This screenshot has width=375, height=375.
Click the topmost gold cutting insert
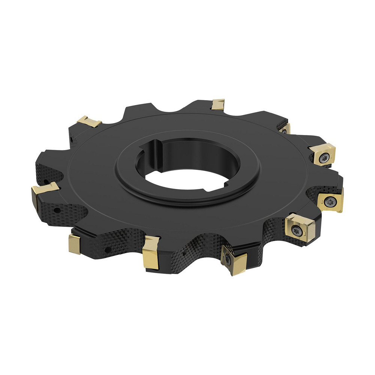pos(218,104)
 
